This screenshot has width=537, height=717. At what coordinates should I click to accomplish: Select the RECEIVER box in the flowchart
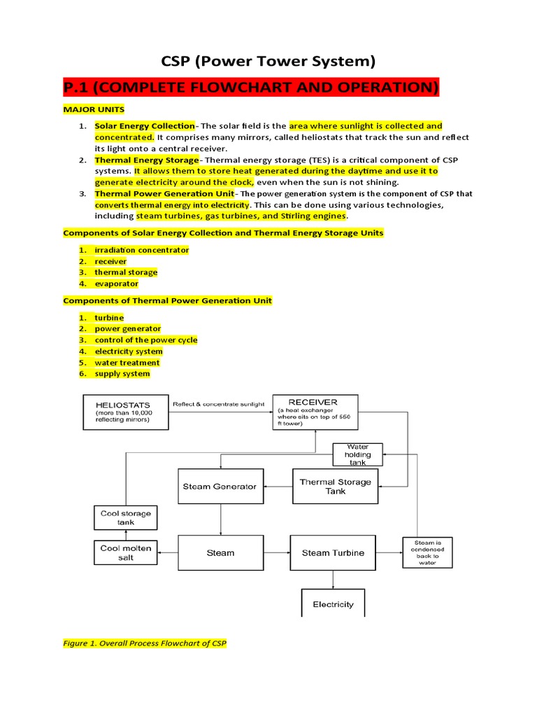313,411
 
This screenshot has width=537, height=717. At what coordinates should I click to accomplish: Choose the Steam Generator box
220,487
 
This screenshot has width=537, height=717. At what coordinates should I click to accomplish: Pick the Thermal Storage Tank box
336,487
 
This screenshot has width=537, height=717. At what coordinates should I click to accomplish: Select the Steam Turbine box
333,552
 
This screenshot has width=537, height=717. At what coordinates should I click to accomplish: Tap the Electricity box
333,604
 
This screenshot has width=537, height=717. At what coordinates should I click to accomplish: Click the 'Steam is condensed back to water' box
427,552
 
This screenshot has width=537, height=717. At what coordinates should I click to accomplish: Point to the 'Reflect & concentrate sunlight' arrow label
218,404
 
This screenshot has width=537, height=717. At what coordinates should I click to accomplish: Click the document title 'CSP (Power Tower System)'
268,62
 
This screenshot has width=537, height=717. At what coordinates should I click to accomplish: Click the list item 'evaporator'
117,284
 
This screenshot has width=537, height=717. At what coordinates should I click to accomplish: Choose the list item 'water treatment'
127,363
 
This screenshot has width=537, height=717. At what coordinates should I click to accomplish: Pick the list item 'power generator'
128,328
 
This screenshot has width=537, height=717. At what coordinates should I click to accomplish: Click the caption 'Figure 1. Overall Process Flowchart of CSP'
145,643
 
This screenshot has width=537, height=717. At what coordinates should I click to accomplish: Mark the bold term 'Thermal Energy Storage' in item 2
147,160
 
